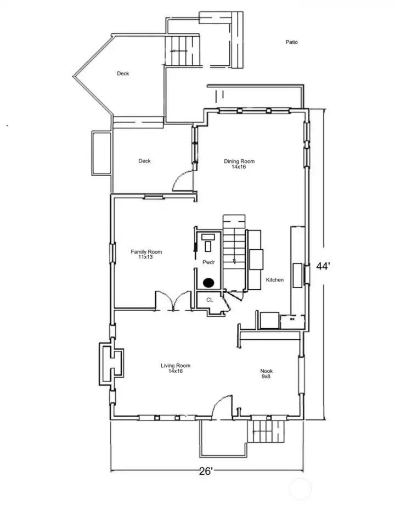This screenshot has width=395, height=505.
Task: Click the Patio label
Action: coord(291,42)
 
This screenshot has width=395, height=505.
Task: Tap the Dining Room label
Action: coord(239,164)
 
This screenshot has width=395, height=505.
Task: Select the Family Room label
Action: coord(146,254)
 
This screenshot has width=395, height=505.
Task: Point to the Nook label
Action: coord(266,374)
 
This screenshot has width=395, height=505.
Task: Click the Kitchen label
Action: coord(275,280)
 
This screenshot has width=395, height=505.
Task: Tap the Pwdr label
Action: coord(208,262)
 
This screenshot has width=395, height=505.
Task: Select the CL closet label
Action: coord(209,300)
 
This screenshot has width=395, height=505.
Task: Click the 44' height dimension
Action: coord(323,266)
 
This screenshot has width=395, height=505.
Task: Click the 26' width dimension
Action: coord(206,471)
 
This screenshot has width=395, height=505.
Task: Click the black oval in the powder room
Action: coord(208,283)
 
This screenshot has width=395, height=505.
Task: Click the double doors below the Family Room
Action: coord(174,301)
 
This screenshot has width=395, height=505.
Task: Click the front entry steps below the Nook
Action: coord(267,430)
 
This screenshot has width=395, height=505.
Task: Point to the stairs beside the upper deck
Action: coord(185,50)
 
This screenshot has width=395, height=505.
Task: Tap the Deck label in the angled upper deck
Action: coord(123,74)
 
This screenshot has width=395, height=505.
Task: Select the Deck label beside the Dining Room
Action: coord(144,161)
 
